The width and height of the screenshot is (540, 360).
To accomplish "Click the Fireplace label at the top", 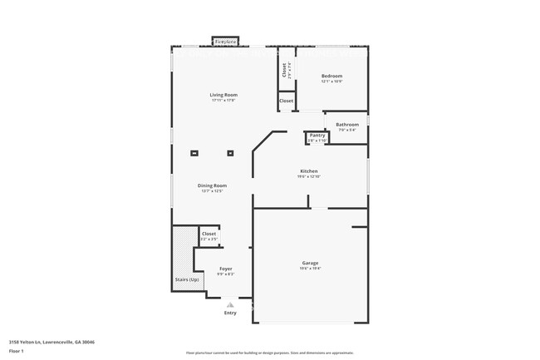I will (225, 41).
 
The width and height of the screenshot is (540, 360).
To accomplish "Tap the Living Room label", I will (223, 95).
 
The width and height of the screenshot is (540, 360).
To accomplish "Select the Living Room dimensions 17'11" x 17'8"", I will (223, 101).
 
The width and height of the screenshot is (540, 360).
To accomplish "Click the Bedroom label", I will (331, 76).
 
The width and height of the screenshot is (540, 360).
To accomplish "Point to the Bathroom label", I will (346, 125).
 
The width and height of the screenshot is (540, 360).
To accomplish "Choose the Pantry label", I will (317, 136).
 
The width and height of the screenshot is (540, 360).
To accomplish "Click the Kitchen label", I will (308, 171).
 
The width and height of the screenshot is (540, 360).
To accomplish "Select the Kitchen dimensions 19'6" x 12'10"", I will (308, 177).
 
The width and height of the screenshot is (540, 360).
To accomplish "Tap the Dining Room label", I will (212, 185).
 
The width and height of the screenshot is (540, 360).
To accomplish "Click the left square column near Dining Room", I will (194, 153).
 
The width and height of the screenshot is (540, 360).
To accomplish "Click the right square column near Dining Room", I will (230, 153).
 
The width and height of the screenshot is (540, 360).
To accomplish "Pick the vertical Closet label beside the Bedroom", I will (284, 71).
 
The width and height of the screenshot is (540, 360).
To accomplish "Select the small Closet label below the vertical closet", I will (286, 101).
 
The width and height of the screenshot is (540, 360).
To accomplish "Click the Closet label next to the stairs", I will (209, 234).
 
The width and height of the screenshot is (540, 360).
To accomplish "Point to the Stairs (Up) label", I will (186, 279).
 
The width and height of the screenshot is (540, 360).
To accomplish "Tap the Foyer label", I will (225, 269).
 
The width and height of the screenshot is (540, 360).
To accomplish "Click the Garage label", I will (309, 263).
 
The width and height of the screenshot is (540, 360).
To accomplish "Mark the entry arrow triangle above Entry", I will (229, 304).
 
